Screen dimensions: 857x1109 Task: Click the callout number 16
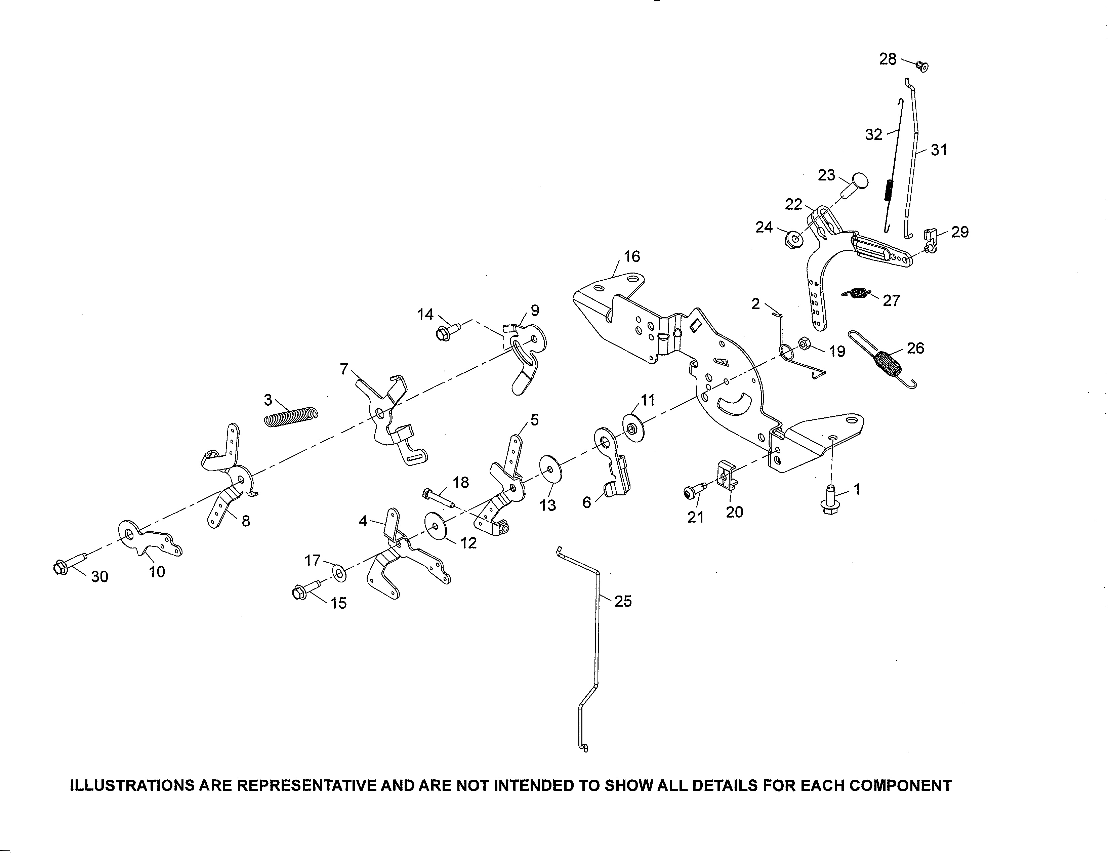[x=632, y=257]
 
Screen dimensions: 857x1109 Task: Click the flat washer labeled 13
[x=549, y=470]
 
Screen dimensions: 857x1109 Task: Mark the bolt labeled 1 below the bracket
[x=829, y=499]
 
